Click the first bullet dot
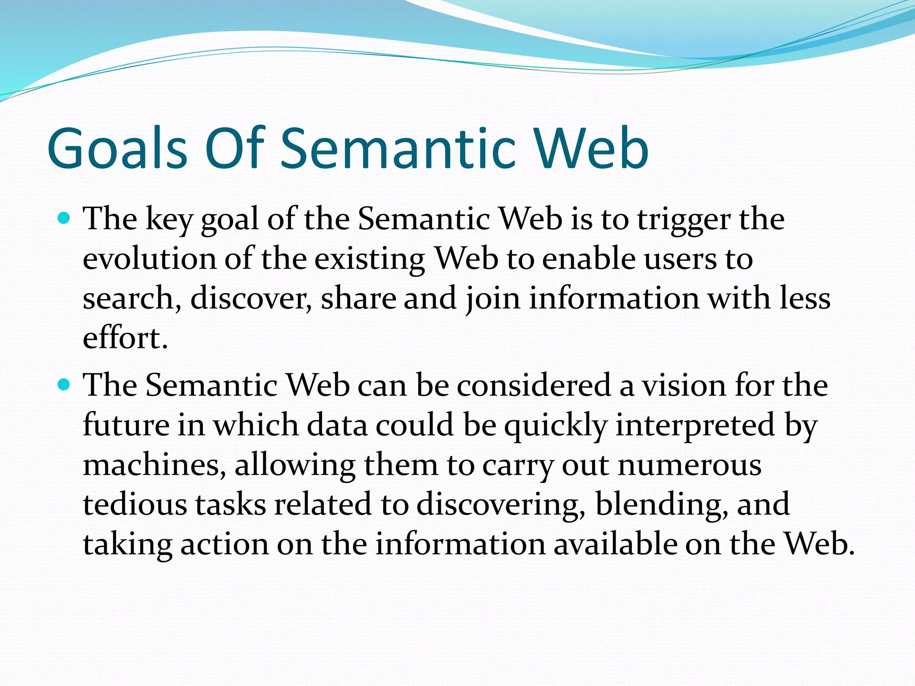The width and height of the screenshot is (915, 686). tap(64, 218)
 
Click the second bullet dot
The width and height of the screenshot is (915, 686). tap(64, 384)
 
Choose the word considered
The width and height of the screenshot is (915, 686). tap(533, 385)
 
